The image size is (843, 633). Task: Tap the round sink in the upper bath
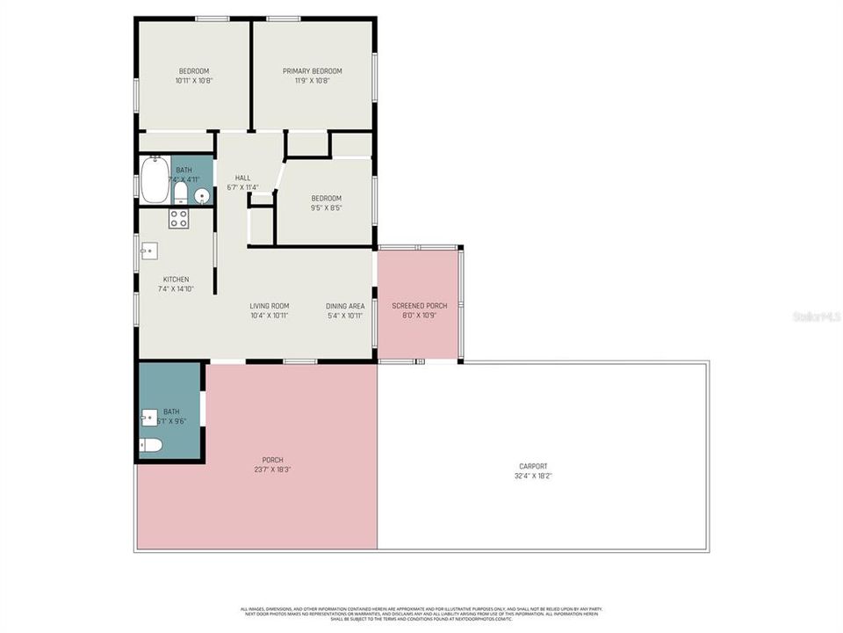[x=201, y=196]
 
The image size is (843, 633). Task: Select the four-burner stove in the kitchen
[x=178, y=219]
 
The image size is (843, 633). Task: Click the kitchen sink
[x=148, y=251]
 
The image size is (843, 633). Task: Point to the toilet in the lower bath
[x=151, y=446]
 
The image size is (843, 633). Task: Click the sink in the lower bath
[x=148, y=416]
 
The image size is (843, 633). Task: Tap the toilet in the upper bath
[x=180, y=192]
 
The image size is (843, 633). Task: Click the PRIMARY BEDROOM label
[x=312, y=71]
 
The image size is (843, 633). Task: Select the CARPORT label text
[x=533, y=466]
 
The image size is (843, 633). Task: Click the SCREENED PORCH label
[x=419, y=306]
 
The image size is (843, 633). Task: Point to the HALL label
[x=242, y=178]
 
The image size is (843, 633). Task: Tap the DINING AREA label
[x=345, y=306]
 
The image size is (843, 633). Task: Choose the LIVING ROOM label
[x=270, y=306]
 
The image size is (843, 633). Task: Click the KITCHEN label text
[x=176, y=280]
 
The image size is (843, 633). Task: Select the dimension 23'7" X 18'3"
[x=273, y=469]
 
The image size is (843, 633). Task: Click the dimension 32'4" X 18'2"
[x=533, y=476]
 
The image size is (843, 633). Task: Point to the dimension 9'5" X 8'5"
[x=326, y=207]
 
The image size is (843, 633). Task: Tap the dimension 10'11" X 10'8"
[x=194, y=81]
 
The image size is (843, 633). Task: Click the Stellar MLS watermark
[x=816, y=316]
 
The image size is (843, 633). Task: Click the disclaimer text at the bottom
[x=421, y=613]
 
